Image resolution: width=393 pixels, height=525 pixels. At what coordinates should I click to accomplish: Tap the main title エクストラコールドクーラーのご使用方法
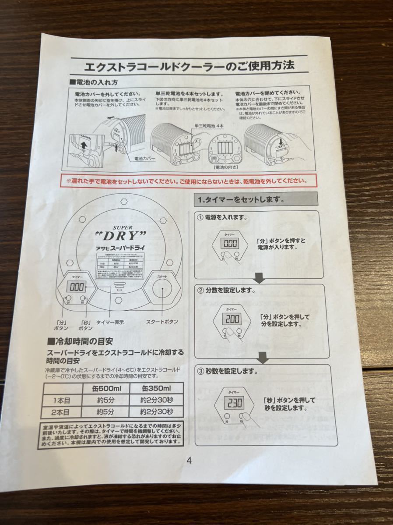point(189,67)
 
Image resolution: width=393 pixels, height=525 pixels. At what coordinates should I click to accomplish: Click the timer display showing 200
point(232,319)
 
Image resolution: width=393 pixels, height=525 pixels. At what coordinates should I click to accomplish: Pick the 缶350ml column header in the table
point(156,389)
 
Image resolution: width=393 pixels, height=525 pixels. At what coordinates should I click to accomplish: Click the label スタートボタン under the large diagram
point(161,321)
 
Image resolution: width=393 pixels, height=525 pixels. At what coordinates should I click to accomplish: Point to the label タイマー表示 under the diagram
point(110,322)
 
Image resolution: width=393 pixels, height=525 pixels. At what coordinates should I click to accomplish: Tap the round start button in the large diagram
point(162,290)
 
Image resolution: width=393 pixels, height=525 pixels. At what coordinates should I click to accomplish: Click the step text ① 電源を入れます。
point(222,217)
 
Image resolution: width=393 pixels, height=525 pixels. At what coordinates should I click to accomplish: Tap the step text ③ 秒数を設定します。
point(227,372)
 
